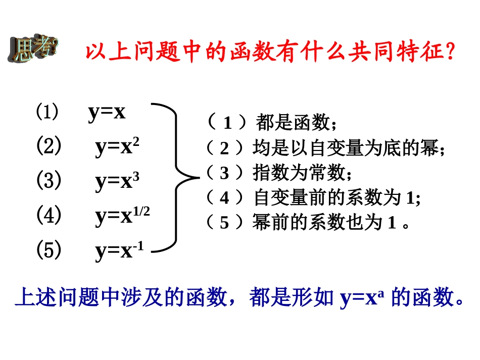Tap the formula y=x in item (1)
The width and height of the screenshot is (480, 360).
coord(107,112)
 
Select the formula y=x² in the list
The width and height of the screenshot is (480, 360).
coord(117,147)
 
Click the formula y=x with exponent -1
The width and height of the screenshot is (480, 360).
coord(119,251)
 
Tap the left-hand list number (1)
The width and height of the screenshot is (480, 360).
coord(47,112)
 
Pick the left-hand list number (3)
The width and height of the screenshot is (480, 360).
coord(49,180)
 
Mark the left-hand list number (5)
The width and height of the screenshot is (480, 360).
coord(49,250)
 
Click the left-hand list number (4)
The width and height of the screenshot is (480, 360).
coord(49,215)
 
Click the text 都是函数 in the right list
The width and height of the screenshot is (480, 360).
coord(293,123)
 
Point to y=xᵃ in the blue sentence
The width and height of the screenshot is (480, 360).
coord(362,298)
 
